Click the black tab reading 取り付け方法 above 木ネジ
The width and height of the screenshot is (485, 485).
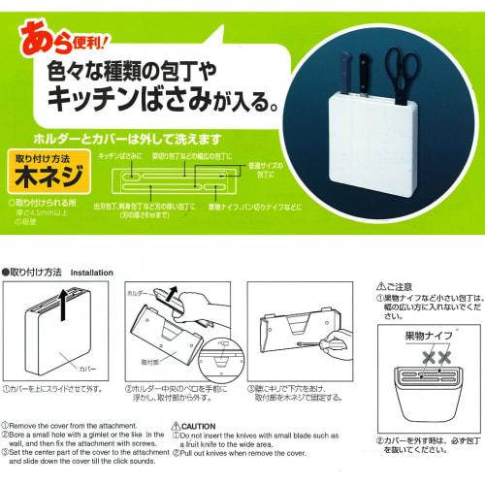pos(50,156)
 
